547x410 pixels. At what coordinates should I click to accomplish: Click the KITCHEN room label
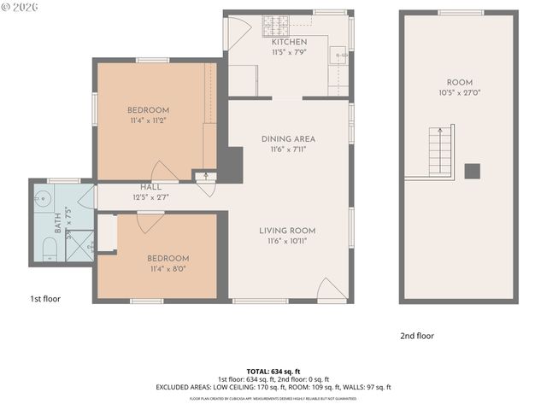click(x=289, y=42)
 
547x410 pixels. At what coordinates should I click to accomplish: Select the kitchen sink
click(x=340, y=57)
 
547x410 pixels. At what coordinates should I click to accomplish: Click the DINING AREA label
click(x=288, y=138)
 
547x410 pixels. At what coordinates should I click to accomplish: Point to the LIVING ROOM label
click(x=288, y=231)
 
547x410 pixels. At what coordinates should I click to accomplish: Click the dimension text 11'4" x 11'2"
click(x=148, y=121)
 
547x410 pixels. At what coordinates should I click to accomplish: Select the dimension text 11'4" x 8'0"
click(x=168, y=269)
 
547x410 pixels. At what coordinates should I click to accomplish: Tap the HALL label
click(x=150, y=187)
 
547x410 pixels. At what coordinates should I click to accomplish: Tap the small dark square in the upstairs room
click(x=472, y=171)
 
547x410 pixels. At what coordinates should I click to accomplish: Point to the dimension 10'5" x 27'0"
click(x=459, y=93)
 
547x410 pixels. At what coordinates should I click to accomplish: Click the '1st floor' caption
click(x=44, y=299)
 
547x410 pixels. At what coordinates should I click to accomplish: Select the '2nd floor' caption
click(x=416, y=336)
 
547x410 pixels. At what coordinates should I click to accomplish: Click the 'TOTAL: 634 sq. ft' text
click(x=273, y=371)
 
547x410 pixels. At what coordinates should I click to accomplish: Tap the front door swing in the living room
click(x=331, y=290)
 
